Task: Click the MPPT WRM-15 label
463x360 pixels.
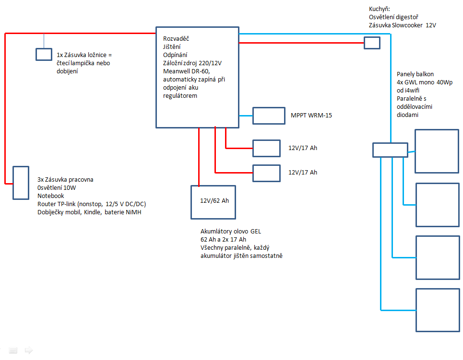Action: (x=311, y=116)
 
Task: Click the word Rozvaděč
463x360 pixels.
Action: (x=176, y=39)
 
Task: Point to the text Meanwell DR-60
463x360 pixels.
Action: (x=186, y=71)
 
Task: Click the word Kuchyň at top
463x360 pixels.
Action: (x=379, y=9)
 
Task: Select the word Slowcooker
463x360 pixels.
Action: (x=407, y=25)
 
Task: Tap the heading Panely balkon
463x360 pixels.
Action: (x=415, y=74)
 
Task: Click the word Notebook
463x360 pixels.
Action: (x=51, y=196)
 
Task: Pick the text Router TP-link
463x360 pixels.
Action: (x=57, y=204)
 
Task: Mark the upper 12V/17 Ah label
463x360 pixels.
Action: (x=303, y=148)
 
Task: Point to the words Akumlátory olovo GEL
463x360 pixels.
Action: (x=231, y=232)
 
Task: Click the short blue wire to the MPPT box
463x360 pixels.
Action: (x=246, y=116)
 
